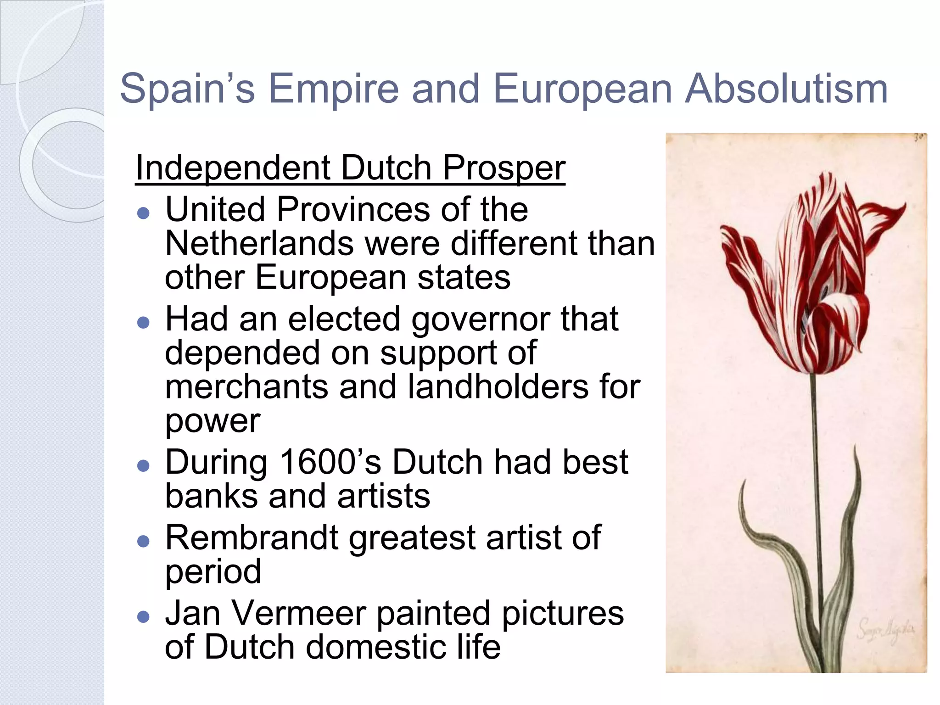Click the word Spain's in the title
click(187, 89)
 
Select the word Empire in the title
click(334, 89)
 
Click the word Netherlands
click(259, 244)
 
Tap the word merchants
click(246, 386)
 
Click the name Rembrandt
click(252, 537)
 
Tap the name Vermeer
click(299, 613)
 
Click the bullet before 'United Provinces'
click(144, 213)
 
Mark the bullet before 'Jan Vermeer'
click(144, 616)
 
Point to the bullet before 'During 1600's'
click(144, 466)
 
